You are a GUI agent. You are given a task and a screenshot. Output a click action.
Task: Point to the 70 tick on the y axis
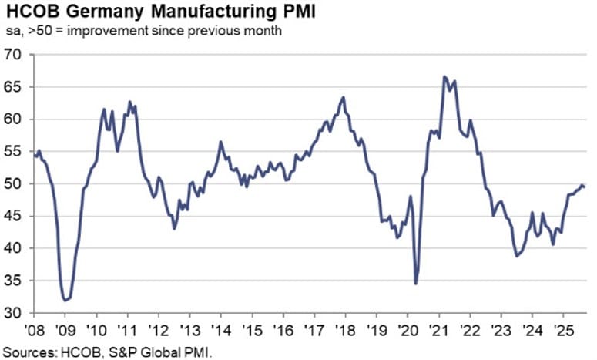[x=13, y=55]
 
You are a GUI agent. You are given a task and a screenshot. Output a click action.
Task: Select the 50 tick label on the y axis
[x=13, y=184]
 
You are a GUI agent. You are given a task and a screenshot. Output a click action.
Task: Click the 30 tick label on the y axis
[x=13, y=313]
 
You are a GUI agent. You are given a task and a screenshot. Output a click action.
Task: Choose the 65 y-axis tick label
[x=13, y=87]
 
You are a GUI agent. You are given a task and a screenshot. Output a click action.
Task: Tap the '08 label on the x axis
[x=34, y=329]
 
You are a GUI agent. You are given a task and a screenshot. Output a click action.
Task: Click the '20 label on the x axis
[x=408, y=329]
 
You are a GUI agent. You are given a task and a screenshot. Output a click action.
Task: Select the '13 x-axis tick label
[x=189, y=329]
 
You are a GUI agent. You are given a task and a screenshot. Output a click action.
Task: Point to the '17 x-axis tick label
[x=314, y=329]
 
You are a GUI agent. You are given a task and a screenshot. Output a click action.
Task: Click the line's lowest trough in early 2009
[x=65, y=300]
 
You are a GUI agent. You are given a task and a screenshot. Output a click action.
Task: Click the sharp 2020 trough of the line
[x=416, y=284]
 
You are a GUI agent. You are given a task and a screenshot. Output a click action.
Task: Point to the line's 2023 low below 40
[x=516, y=256]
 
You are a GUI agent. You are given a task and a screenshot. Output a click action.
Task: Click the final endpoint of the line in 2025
[x=585, y=187]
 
